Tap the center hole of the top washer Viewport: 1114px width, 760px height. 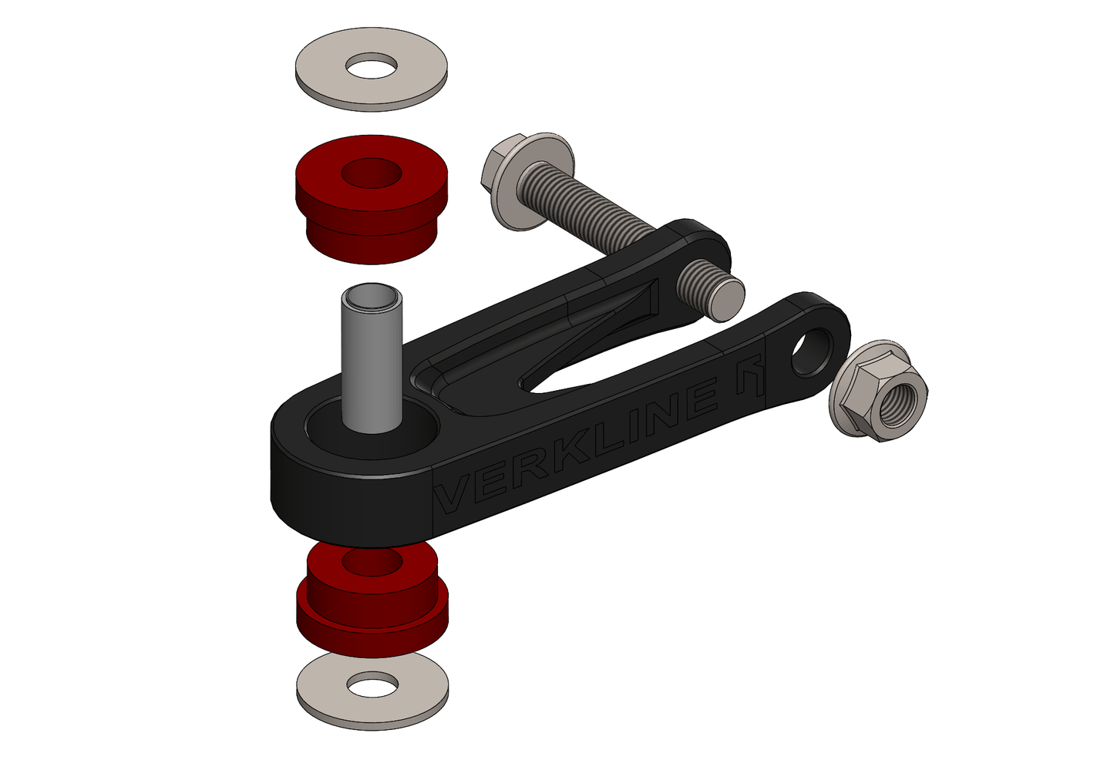(372, 67)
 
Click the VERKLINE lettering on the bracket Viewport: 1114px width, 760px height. (586, 447)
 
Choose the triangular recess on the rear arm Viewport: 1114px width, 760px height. (617, 308)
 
